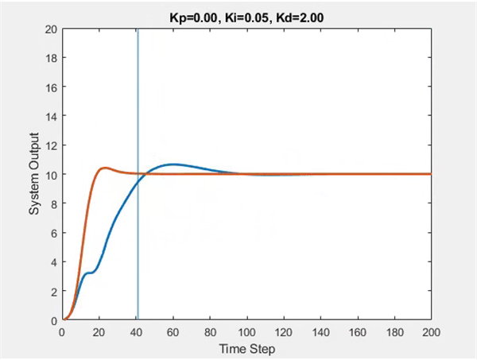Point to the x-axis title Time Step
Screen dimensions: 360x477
[246, 348]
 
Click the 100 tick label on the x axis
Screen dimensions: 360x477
[246, 331]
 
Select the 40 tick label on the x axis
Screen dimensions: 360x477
[136, 331]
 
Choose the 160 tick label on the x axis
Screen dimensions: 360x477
[357, 331]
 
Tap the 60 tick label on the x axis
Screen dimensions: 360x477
[173, 331]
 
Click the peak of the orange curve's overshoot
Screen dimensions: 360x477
[104, 168]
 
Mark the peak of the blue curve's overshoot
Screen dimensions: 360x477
[173, 165]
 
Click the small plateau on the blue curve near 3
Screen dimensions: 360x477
[90, 273]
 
